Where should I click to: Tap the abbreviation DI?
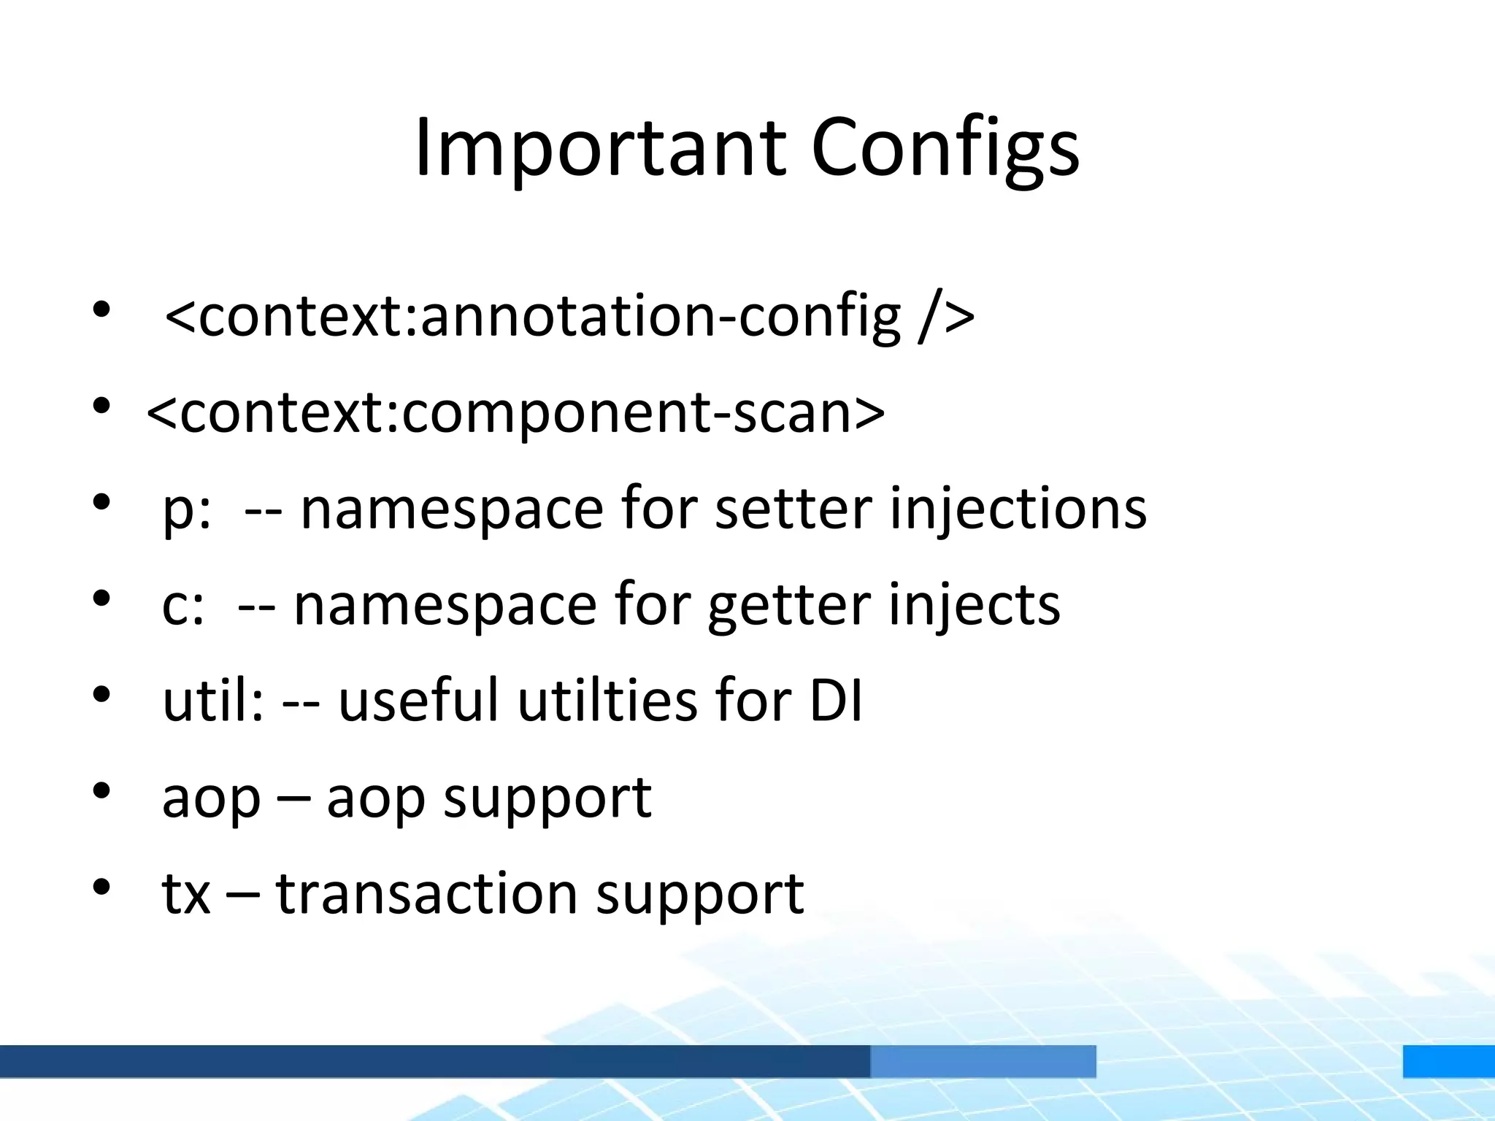pos(837,700)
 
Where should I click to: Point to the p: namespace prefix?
pos(187,509)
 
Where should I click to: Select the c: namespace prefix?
pos(183,606)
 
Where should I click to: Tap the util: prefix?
pos(212,700)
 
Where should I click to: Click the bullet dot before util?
pos(101,695)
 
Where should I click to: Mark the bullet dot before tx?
pos(101,887)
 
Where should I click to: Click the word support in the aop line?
pos(547,798)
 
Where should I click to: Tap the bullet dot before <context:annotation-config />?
pos(101,310)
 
